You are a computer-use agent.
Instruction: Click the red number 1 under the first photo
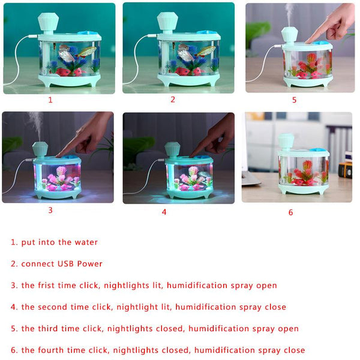(x=50, y=100)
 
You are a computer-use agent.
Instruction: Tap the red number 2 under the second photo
(x=173, y=99)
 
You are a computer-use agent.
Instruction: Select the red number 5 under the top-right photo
(x=294, y=100)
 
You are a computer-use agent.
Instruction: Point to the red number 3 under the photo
(x=50, y=210)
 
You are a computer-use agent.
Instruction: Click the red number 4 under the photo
(x=164, y=211)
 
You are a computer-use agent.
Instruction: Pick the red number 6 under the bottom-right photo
(x=290, y=212)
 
